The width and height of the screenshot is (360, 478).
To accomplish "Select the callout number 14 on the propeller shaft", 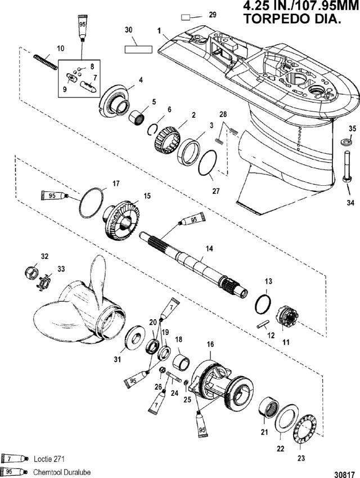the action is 209,248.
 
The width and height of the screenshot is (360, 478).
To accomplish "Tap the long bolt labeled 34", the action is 346,166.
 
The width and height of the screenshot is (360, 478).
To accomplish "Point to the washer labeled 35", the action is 346,141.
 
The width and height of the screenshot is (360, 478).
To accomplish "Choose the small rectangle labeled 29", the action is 186,17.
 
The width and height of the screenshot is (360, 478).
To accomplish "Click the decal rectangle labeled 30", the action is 138,49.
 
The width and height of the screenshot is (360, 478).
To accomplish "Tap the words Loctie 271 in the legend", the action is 49,459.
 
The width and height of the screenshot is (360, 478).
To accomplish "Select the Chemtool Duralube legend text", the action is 62,472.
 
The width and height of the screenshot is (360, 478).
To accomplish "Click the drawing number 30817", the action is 345,475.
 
